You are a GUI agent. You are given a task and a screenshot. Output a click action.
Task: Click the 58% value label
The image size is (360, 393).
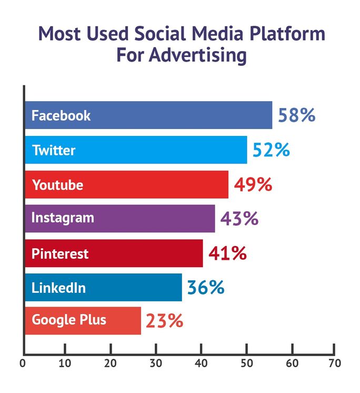click(296, 115)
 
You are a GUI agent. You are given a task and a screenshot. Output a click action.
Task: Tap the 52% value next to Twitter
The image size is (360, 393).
click(271, 150)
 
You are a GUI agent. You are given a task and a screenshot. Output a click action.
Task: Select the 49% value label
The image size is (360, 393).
click(253, 184)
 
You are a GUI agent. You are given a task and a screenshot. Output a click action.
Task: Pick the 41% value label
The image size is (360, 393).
click(227, 253)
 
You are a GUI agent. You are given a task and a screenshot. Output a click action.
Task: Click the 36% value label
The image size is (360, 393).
click(205, 288)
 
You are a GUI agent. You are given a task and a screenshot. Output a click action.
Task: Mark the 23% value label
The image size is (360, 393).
click(164, 321)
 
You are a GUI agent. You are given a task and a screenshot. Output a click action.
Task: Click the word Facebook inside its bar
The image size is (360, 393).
click(61, 115)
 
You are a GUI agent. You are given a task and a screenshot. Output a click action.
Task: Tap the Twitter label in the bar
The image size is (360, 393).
click(54, 150)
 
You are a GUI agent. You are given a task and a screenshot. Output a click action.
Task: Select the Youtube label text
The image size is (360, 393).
click(57, 185)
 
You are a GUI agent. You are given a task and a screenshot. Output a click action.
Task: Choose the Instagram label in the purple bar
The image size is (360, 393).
click(63, 218)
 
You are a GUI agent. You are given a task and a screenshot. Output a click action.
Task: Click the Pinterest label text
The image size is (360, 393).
click(60, 254)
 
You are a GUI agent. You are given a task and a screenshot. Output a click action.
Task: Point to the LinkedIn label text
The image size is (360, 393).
click(58, 288)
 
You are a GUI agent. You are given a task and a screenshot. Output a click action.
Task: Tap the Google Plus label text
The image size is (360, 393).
click(69, 320)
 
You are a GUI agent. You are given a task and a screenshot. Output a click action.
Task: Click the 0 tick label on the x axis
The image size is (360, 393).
click(23, 363)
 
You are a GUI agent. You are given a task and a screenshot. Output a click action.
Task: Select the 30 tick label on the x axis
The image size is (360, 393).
click(156, 363)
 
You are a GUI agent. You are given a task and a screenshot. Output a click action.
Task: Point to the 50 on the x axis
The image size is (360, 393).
click(245, 363)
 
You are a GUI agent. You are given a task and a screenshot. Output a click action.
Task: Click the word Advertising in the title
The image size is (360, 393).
click(199, 55)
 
